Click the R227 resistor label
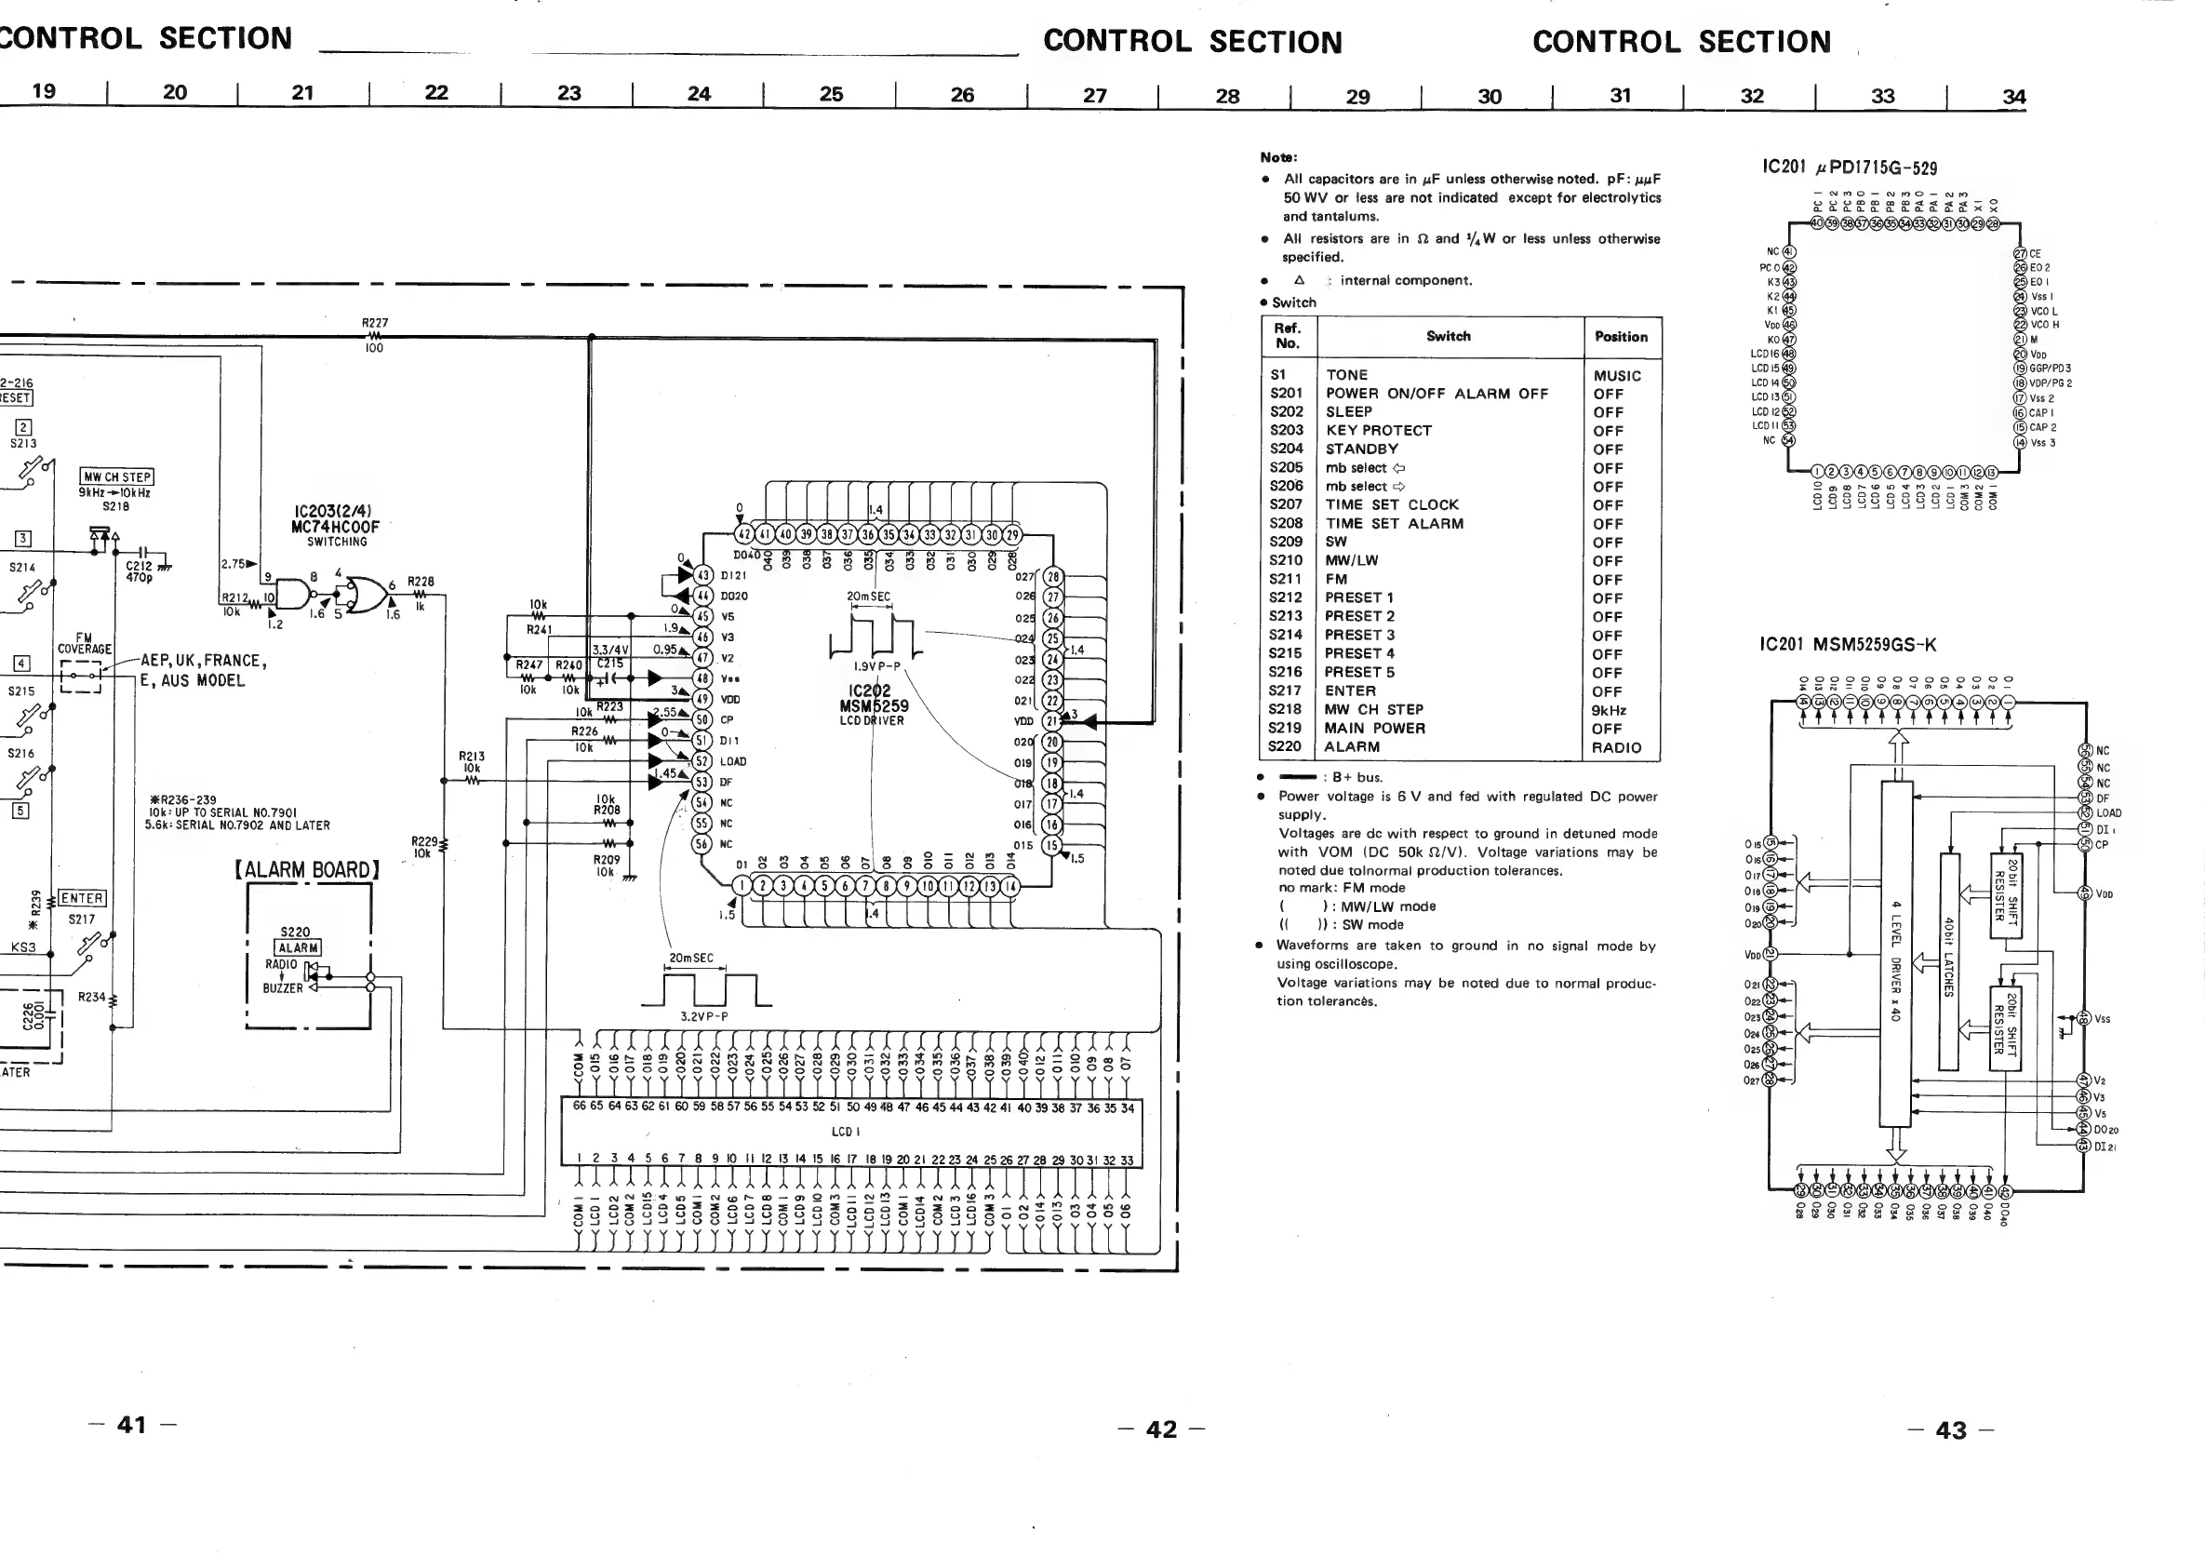[375, 323]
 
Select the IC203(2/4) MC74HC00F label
[335, 519]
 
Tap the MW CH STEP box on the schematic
[116, 476]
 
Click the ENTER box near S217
[83, 898]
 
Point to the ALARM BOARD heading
[307, 870]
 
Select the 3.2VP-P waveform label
[703, 1016]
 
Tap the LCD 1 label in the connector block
[845, 1132]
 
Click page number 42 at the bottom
[1161, 1429]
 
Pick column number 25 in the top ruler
[831, 94]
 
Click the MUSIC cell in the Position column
[1617, 376]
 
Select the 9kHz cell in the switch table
[1609, 710]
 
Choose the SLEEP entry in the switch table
[1348, 412]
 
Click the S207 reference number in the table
[1286, 504]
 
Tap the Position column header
[1620, 336]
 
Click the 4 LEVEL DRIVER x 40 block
[1896, 960]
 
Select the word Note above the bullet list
[1278, 157]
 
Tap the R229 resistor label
[423, 846]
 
